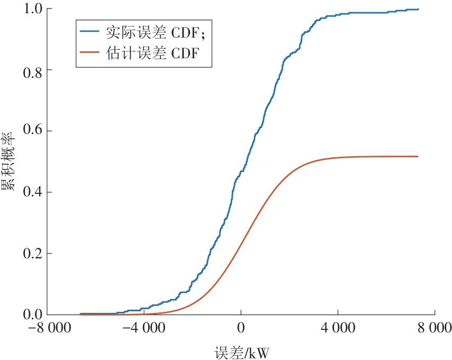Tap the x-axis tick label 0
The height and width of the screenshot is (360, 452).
(241, 328)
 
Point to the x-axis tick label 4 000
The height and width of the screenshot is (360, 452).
(338, 328)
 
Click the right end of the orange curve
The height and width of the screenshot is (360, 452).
(418, 156)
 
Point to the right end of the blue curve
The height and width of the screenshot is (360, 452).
(418, 9)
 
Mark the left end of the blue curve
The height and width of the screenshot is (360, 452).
(80, 313)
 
